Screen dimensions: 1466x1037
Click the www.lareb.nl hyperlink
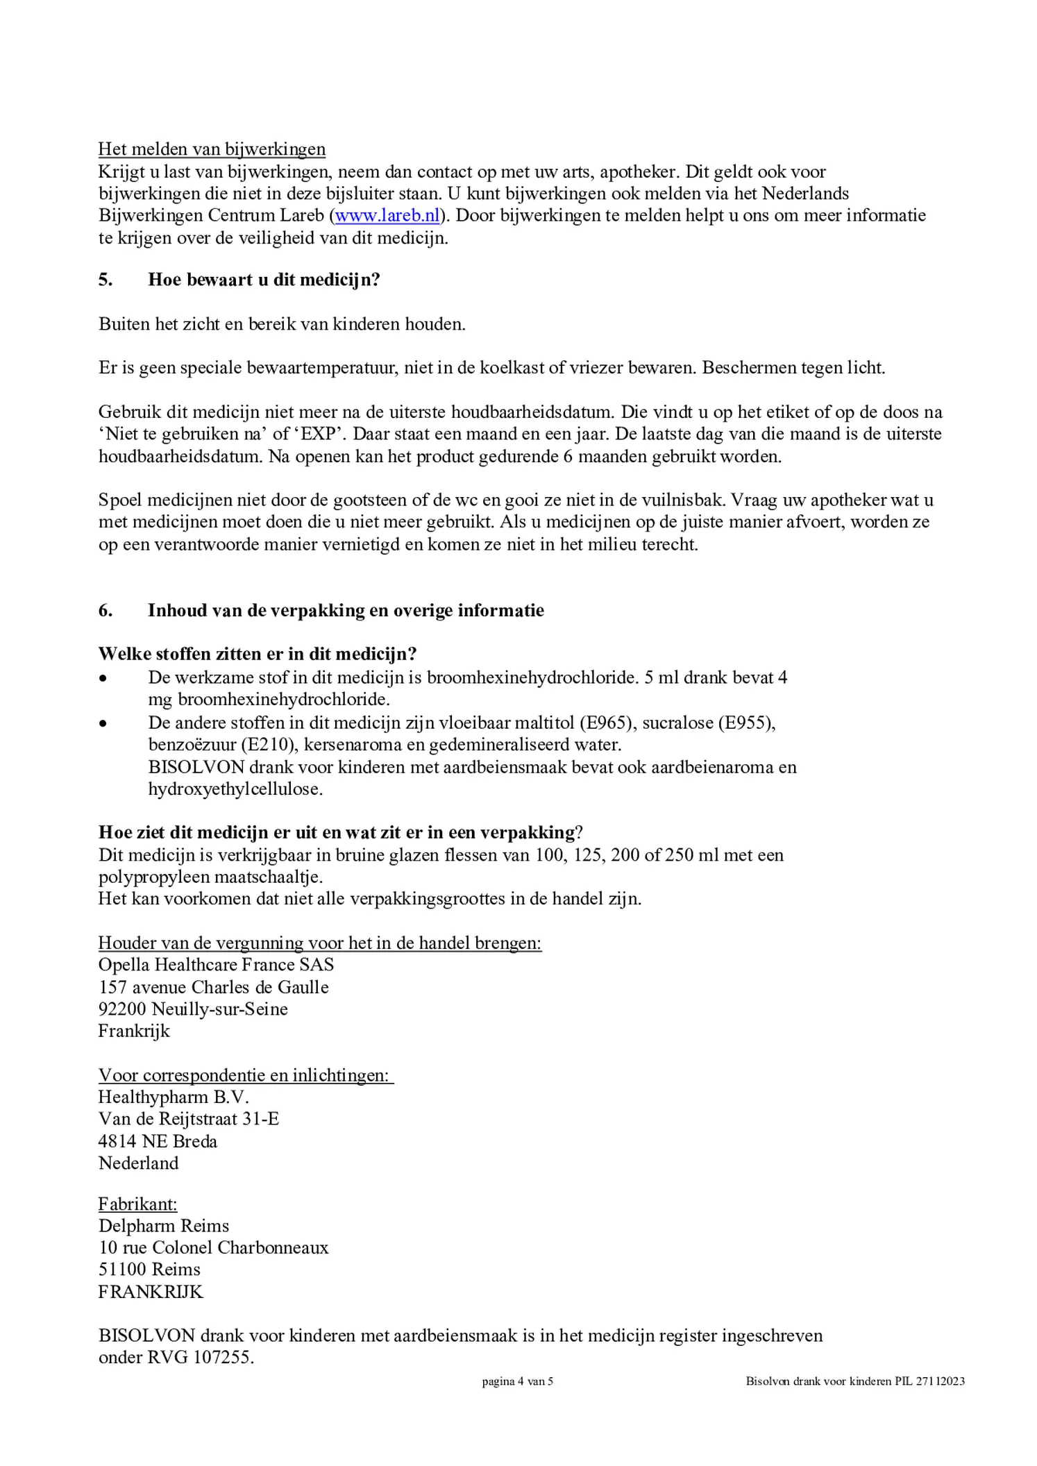(x=387, y=216)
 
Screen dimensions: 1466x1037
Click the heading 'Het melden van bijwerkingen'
(x=212, y=149)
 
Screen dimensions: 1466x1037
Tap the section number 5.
(x=106, y=280)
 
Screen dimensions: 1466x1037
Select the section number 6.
(x=106, y=611)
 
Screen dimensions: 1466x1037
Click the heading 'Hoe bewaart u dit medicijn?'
(x=264, y=280)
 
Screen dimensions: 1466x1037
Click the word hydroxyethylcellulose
(x=235, y=790)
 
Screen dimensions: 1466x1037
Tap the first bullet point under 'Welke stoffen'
(x=103, y=678)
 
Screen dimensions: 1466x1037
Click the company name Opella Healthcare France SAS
(x=216, y=966)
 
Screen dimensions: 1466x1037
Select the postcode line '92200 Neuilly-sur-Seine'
(x=193, y=1009)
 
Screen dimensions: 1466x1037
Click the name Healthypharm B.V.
(x=174, y=1097)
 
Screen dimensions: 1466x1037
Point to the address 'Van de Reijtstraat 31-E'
(x=189, y=1119)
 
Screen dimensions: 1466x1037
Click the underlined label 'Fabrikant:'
(x=137, y=1204)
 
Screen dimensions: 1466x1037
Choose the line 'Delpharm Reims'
(x=164, y=1227)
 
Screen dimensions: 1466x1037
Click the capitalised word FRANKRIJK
(x=151, y=1292)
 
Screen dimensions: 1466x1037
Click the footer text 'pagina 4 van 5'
(x=518, y=1381)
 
